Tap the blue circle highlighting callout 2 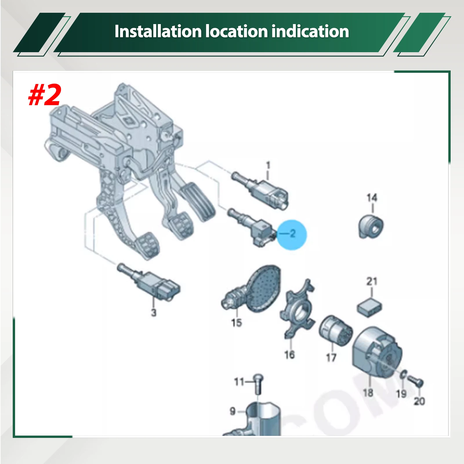(291, 234)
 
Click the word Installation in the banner (158, 31)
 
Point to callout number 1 (268, 166)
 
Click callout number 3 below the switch (154, 313)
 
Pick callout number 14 (372, 198)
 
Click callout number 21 (372, 281)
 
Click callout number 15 (236, 322)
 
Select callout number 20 (419, 401)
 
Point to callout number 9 (233, 411)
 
